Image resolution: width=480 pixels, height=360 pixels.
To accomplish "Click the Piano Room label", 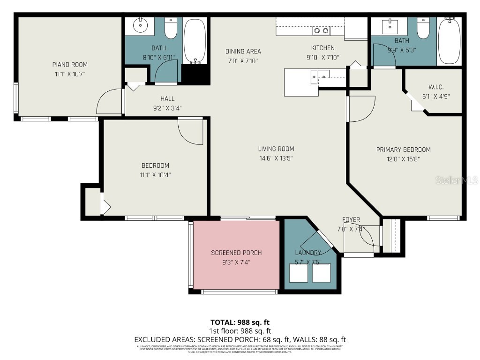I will tap(69, 65).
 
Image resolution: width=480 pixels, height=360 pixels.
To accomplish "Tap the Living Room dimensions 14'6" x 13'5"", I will tap(276, 158).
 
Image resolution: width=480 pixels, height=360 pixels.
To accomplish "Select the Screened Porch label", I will tap(236, 253).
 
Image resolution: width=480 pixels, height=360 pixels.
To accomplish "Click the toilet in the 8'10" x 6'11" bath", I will tap(171, 29).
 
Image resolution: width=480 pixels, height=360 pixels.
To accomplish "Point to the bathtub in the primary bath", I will tap(450, 41).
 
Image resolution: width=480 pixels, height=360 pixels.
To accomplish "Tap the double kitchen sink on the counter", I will tap(321, 31).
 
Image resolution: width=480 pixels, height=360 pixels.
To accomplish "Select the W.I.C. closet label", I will tap(435, 87).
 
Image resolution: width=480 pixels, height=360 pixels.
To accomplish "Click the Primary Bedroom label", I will tap(403, 150).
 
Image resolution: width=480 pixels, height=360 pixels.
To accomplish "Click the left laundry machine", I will tap(299, 273).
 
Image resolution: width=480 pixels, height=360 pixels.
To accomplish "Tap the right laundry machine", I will tap(322, 273).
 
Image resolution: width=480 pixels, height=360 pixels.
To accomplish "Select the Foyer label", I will tap(351, 219).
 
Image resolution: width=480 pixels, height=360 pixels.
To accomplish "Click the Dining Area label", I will tap(243, 52).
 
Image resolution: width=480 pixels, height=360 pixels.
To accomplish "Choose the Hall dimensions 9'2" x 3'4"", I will tap(167, 108).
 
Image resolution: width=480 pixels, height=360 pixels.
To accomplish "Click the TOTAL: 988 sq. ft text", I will tap(240, 322).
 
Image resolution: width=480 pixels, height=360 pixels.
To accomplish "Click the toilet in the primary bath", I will tap(424, 28).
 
